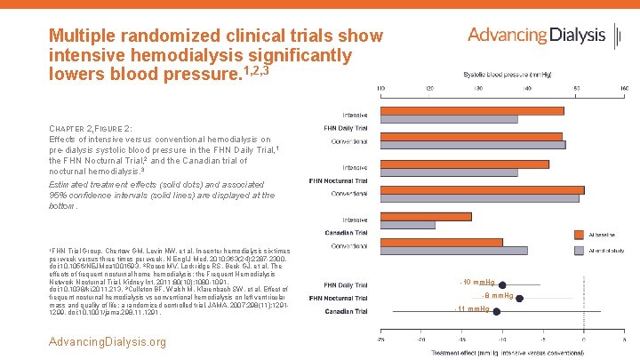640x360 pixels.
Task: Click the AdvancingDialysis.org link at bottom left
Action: tap(108, 341)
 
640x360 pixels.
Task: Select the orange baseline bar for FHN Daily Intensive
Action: tap(472, 110)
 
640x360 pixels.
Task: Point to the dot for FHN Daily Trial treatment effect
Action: tap(503, 284)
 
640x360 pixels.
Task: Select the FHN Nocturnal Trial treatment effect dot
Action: tap(519, 298)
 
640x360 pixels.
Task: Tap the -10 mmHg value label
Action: tap(478, 283)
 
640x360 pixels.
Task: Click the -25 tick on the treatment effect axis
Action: tap(381, 339)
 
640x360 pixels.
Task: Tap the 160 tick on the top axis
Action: tap(625, 88)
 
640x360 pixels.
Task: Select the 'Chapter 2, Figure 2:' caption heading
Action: tap(93, 129)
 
